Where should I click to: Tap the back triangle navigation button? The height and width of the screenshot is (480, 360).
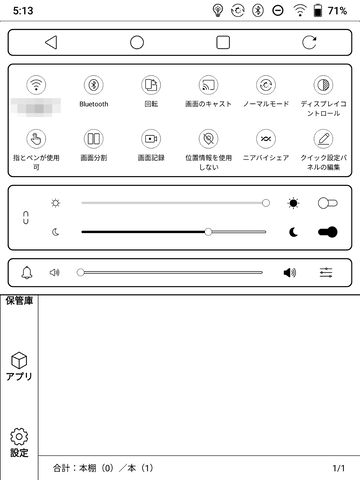tap(50, 43)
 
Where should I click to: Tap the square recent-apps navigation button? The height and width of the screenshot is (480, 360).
tap(223, 43)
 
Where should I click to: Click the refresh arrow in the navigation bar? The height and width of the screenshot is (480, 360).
tap(309, 43)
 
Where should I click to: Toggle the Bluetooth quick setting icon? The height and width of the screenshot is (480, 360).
tap(94, 85)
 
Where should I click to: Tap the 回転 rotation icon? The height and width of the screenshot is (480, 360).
tap(151, 85)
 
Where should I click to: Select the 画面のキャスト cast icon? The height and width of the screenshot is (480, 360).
tap(208, 85)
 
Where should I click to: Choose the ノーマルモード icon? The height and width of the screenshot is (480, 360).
tap(266, 85)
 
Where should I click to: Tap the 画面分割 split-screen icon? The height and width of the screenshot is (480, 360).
tap(94, 138)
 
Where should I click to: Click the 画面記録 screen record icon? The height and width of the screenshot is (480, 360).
tap(151, 138)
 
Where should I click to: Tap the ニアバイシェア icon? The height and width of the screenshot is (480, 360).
tap(266, 138)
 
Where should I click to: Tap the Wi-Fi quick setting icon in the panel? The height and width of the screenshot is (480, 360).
tap(37, 85)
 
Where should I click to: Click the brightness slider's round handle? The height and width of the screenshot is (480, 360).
tap(265, 203)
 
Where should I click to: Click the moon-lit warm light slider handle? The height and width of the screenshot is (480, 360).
tap(208, 231)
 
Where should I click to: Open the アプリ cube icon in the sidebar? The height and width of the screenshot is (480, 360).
tap(19, 361)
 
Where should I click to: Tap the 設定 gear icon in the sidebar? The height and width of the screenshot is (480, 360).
tap(19, 437)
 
